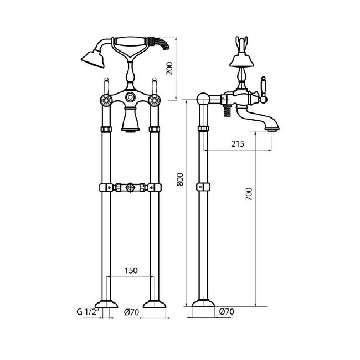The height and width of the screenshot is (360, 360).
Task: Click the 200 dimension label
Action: tap(169, 68)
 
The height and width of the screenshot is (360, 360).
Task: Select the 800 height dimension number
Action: tap(180, 179)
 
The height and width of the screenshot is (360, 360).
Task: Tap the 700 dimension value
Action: tap(249, 194)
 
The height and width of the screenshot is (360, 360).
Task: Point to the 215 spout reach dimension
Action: tap(238, 144)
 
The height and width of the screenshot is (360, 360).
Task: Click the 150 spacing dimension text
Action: tap(131, 270)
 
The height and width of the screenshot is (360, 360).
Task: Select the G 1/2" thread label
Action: tap(88, 312)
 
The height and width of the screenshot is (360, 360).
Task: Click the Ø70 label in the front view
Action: tap(132, 312)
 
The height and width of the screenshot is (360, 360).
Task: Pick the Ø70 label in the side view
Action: tap(227, 312)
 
